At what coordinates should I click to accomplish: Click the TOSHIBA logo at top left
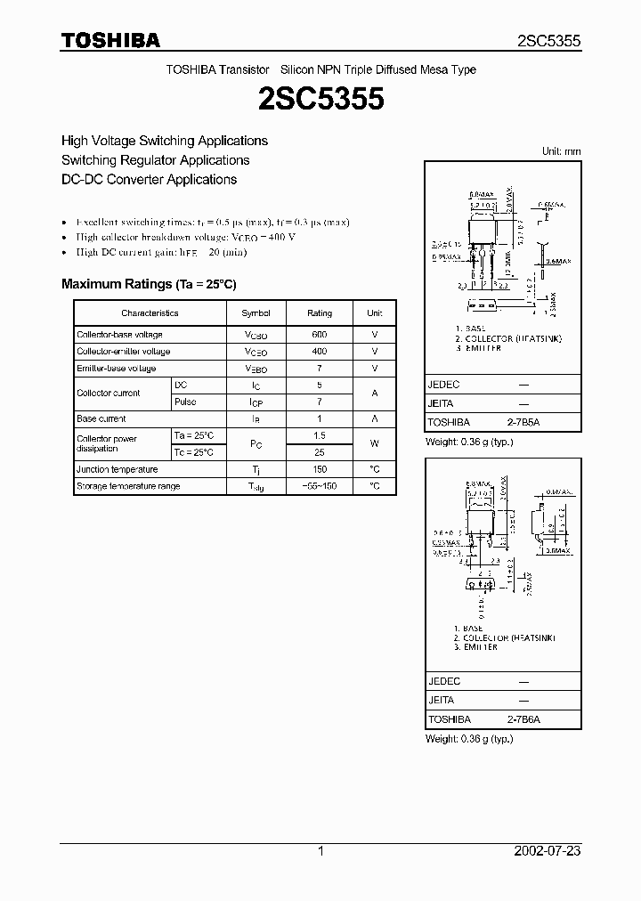(x=110, y=40)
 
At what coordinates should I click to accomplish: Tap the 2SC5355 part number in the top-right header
(x=549, y=41)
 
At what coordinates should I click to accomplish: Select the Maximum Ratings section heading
(x=149, y=284)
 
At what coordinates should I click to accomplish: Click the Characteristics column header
(x=150, y=313)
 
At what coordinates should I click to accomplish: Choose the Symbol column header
(x=256, y=313)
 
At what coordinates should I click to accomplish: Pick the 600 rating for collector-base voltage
(x=320, y=335)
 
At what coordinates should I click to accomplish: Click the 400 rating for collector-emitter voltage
(x=320, y=352)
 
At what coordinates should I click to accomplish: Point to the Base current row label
(x=101, y=418)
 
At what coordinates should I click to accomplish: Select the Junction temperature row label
(x=117, y=469)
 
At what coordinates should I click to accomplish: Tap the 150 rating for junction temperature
(x=320, y=469)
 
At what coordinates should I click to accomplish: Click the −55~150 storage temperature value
(x=320, y=486)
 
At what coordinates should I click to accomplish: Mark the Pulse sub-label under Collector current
(x=185, y=402)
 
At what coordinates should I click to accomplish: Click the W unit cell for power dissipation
(x=375, y=443)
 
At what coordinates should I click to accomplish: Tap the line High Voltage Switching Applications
(x=165, y=141)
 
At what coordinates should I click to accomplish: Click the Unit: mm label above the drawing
(x=562, y=151)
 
